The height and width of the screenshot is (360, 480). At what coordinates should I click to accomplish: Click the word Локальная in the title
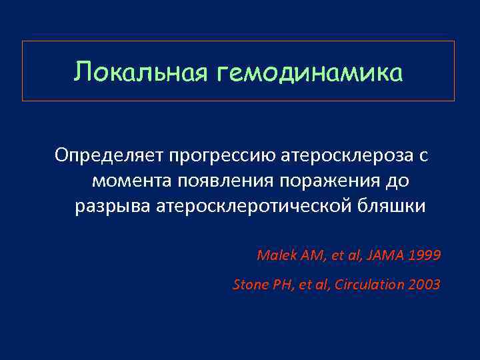(x=141, y=72)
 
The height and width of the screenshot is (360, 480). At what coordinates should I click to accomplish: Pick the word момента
(x=132, y=181)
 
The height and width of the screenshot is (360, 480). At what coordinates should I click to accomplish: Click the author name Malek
(x=273, y=255)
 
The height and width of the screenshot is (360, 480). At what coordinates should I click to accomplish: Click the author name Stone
(x=249, y=285)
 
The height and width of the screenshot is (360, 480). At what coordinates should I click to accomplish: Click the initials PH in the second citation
(x=279, y=285)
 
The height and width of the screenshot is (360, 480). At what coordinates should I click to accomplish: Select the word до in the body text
(x=398, y=181)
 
